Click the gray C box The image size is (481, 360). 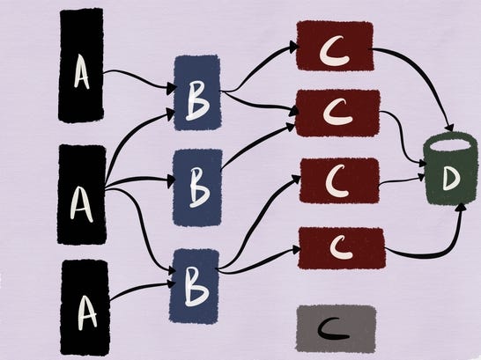click(x=336, y=328)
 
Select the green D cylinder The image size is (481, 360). click(x=450, y=168)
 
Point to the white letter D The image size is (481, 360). click(x=451, y=179)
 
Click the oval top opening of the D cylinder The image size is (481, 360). click(x=449, y=144)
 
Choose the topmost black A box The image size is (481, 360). click(x=81, y=65)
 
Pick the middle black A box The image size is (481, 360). click(x=82, y=195)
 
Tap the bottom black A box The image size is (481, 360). click(x=85, y=307)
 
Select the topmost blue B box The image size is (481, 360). click(x=197, y=92)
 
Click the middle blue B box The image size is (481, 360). click(x=197, y=187)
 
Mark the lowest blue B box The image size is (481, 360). click(x=195, y=286)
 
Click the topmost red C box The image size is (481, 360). click(x=335, y=46)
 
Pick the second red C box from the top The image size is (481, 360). click(x=337, y=113)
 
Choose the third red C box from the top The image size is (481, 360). click(x=339, y=180)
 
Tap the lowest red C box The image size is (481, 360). click(x=342, y=247)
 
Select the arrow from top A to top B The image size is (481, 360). click(x=139, y=77)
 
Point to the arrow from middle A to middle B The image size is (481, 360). click(x=139, y=179)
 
